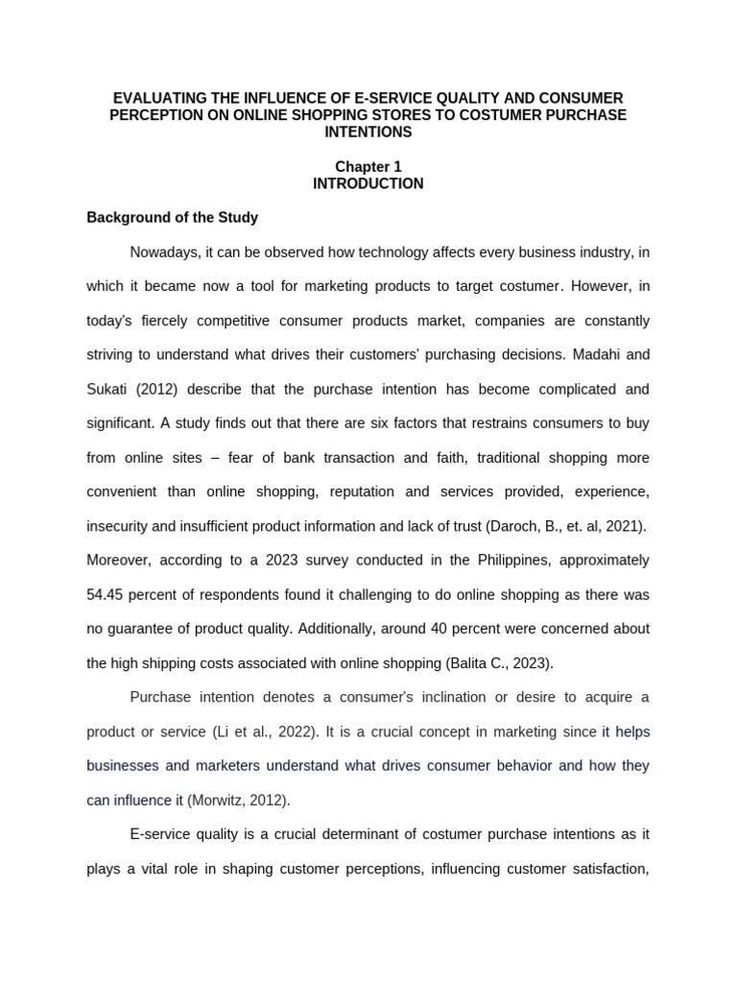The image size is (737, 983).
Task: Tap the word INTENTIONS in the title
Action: click(368, 132)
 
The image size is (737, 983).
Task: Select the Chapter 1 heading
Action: click(368, 167)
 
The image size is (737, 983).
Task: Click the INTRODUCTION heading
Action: click(368, 183)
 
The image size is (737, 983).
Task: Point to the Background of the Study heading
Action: click(173, 218)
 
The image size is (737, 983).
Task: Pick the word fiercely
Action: click(171, 320)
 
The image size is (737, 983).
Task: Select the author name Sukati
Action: click(108, 389)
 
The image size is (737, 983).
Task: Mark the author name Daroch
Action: click(517, 526)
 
